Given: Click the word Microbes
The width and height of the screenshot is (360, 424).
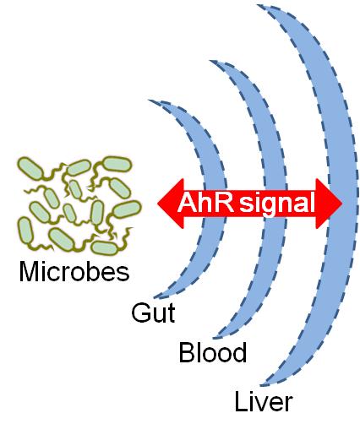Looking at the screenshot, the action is (74, 272).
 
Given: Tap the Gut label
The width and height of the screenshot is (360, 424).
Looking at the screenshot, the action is (153, 313).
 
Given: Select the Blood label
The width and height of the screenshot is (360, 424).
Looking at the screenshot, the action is (213, 352).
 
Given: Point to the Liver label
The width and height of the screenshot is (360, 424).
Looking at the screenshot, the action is (264, 402).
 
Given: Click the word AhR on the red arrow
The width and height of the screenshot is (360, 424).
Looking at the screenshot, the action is (205, 202).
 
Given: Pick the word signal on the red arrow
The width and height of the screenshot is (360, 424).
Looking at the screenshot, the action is (277, 204).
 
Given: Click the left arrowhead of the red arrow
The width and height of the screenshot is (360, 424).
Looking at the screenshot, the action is (170, 204).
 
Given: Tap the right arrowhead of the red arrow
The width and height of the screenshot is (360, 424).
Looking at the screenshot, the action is (329, 204).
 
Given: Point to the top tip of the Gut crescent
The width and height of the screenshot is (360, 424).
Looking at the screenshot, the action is (149, 101).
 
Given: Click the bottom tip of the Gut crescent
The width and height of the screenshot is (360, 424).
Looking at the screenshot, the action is (155, 296).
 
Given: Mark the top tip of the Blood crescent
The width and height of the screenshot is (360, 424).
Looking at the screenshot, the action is (210, 61).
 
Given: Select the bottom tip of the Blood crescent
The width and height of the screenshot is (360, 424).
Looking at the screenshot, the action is (214, 337).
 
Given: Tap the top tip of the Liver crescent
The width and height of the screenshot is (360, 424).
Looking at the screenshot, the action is (259, 6).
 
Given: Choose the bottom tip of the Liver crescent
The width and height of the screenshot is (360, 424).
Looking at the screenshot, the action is (261, 385).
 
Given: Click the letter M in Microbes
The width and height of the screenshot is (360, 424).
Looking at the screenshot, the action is (28, 271).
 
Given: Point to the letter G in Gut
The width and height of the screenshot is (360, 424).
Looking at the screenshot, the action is (140, 313).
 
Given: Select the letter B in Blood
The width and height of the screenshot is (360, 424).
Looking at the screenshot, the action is (186, 352).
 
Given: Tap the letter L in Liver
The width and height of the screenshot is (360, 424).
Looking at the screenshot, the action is (240, 401).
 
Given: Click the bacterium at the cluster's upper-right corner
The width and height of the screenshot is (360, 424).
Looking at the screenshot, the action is (117, 164).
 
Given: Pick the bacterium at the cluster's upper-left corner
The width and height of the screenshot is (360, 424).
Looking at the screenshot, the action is (30, 168).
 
